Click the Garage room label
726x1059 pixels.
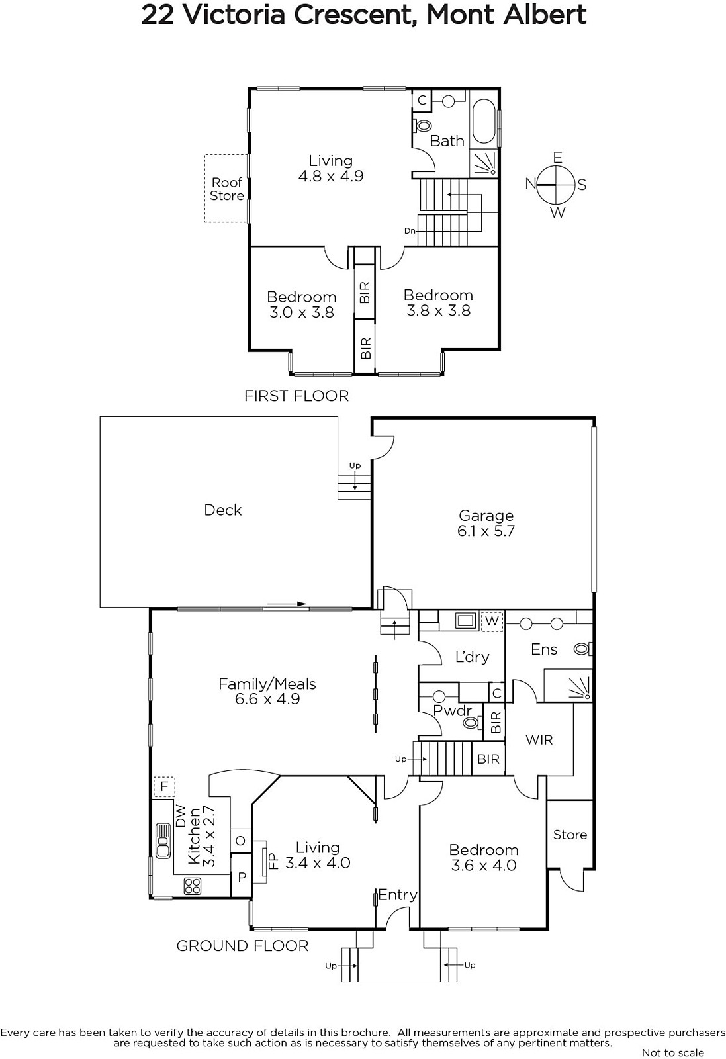tap(486, 516)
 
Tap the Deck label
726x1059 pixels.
tap(222, 510)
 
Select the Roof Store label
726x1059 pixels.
tap(227, 189)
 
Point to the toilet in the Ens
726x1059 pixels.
tap(583, 649)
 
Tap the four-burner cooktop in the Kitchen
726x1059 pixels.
tap(193, 886)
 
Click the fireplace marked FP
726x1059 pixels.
tap(261, 861)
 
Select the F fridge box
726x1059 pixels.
tap(164, 786)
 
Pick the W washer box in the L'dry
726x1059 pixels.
tap(492, 621)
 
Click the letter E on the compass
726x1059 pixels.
tap(558, 158)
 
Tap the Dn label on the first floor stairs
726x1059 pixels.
tap(409, 231)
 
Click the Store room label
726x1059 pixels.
tap(570, 835)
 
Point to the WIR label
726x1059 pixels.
tap(539, 739)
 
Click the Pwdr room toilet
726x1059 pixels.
tap(473, 722)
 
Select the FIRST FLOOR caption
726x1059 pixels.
tap(296, 396)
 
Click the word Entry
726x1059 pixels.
tap(398, 894)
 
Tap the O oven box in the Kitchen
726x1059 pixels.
tap(241, 841)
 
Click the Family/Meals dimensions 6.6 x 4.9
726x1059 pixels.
tap(267, 699)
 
